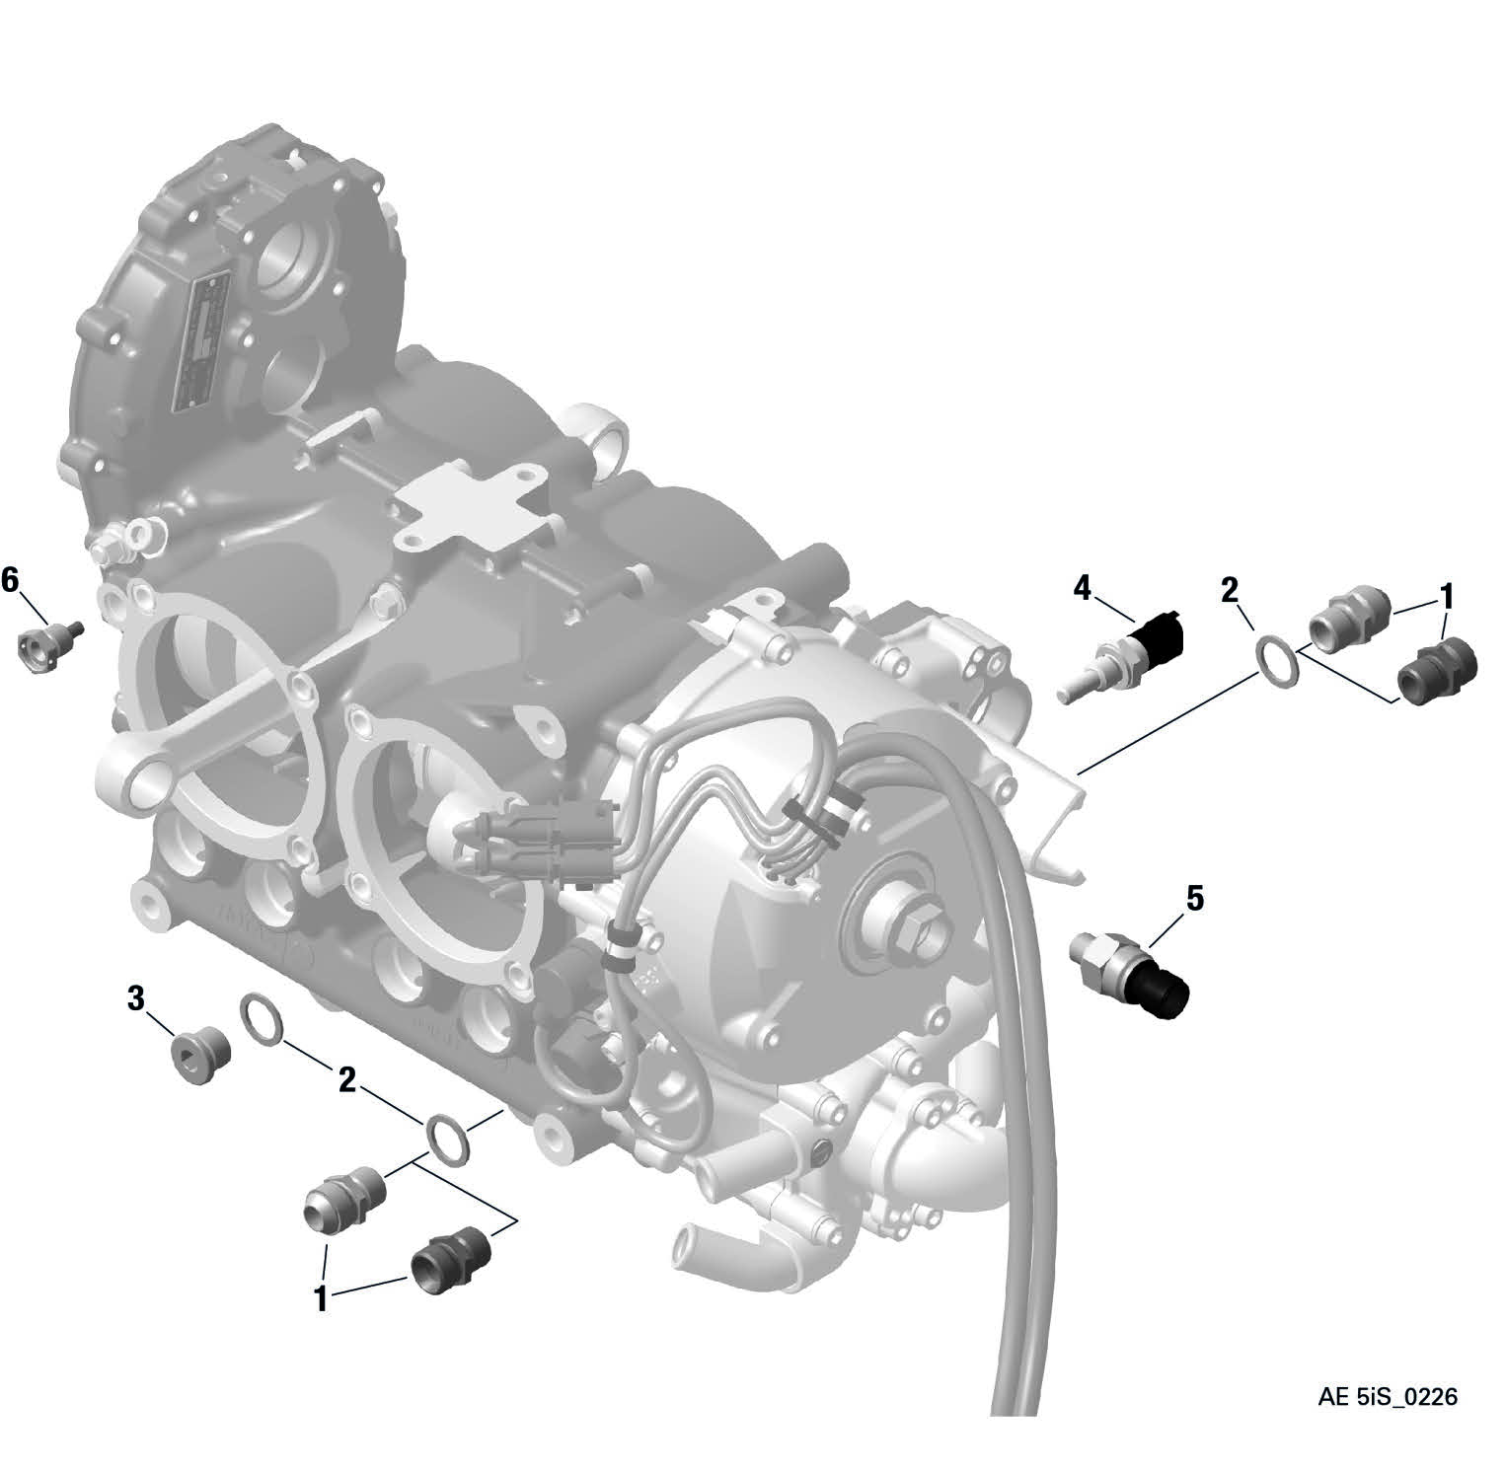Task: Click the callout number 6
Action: [10, 581]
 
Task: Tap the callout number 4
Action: [1083, 589]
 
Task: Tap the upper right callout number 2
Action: [1229, 590]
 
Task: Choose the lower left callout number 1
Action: [321, 1299]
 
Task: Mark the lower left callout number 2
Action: [346, 1080]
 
